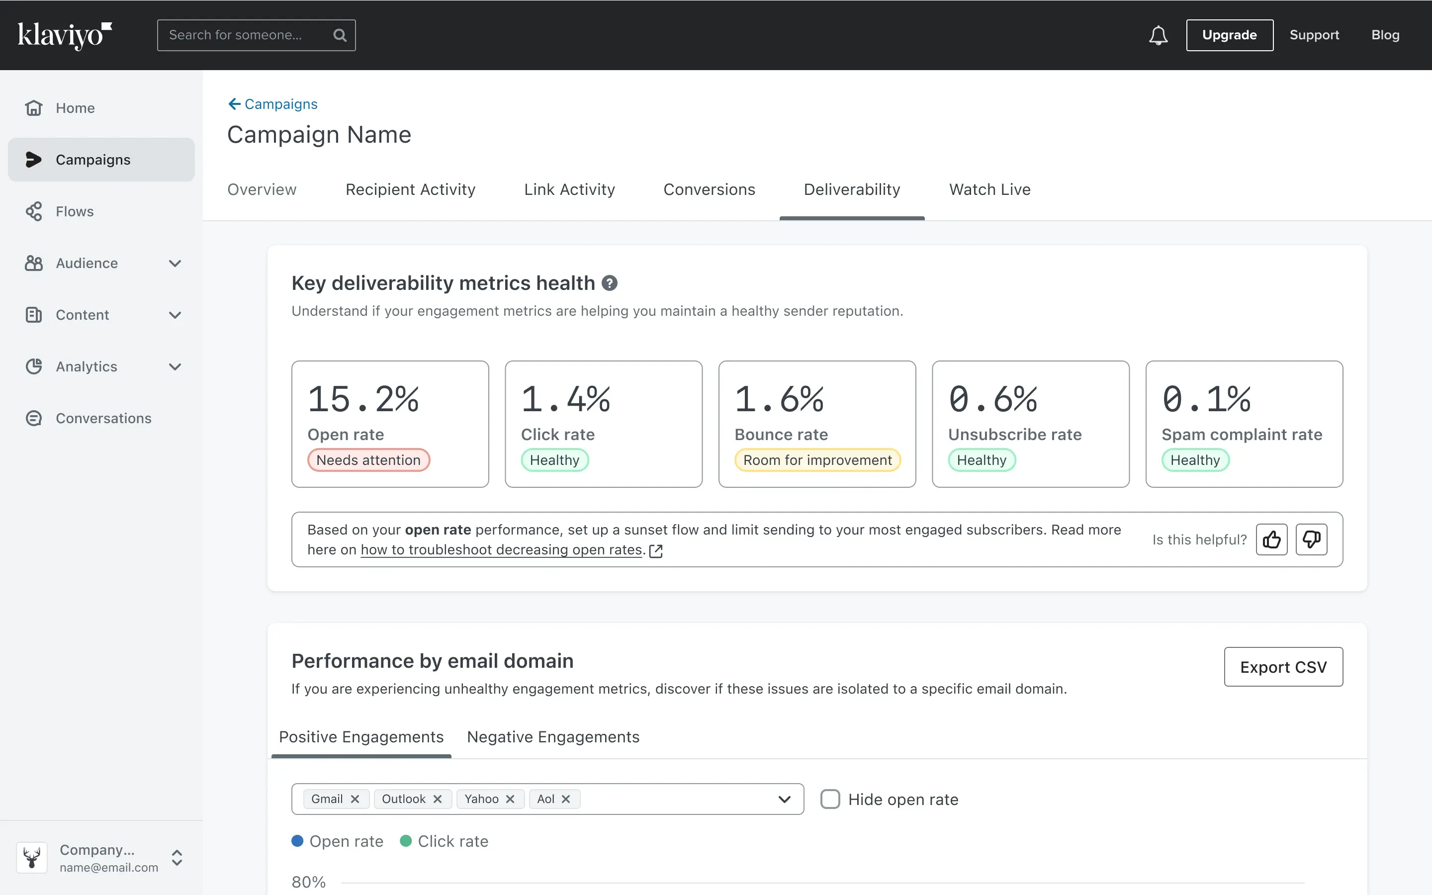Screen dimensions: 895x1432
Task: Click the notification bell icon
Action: [1158, 35]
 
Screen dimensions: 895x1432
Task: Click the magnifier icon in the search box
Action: [340, 35]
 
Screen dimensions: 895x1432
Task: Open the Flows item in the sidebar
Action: [75, 211]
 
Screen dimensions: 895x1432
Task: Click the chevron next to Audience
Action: [175, 264]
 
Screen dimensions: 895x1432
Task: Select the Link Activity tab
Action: [569, 189]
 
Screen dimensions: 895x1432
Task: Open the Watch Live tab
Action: [989, 189]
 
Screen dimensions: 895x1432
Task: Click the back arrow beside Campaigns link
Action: [234, 104]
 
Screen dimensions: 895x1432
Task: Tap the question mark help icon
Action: [610, 283]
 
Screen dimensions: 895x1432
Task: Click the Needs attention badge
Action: [368, 460]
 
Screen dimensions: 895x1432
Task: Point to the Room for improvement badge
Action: [817, 460]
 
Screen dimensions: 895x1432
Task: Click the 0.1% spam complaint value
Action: [1207, 399]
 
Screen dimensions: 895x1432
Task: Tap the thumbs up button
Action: [1271, 539]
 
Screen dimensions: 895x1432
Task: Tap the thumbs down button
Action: [1311, 539]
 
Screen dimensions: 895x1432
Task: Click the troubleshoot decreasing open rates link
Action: [501, 550]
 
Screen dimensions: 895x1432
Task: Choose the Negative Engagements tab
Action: [553, 737]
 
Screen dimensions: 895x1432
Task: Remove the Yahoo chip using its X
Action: [510, 799]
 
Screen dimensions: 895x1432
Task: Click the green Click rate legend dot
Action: [406, 841]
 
